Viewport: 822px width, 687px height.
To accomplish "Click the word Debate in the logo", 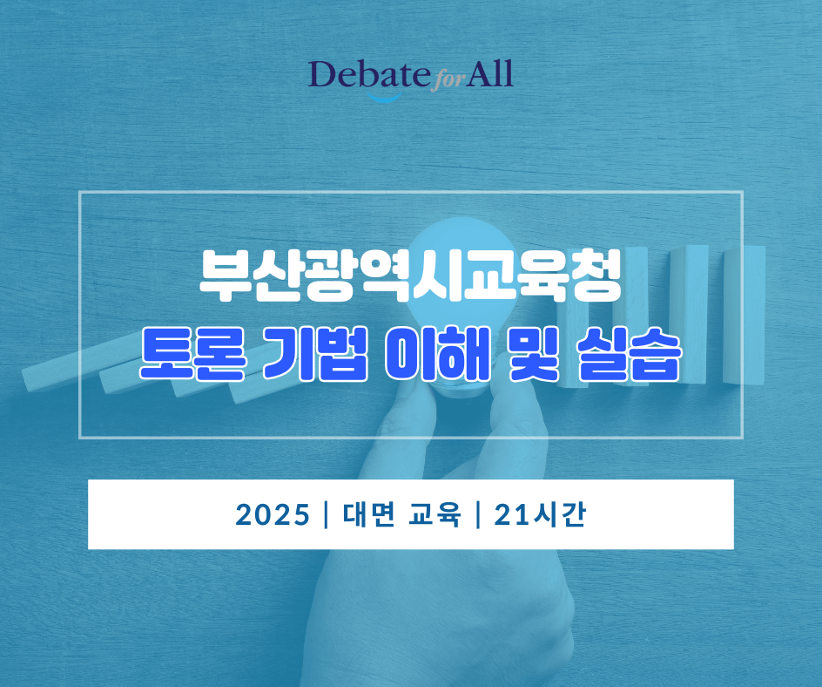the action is pyautogui.click(x=369, y=74).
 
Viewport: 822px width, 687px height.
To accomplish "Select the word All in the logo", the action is pyautogui.click(x=489, y=73).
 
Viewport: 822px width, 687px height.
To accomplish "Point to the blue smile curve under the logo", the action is pyautogui.click(x=384, y=97).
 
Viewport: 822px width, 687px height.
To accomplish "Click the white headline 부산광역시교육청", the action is pyautogui.click(x=410, y=276).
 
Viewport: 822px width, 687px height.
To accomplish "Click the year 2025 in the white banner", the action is pyautogui.click(x=273, y=515).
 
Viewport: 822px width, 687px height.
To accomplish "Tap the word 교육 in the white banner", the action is pyautogui.click(x=435, y=514).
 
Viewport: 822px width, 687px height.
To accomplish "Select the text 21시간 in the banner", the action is pyautogui.click(x=540, y=514).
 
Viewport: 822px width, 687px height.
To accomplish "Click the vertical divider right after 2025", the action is pyautogui.click(x=327, y=515).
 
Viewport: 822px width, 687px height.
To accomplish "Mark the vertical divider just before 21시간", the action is pyautogui.click(x=477, y=515).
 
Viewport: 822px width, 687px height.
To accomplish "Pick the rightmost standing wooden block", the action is pyautogui.click(x=744, y=315).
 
